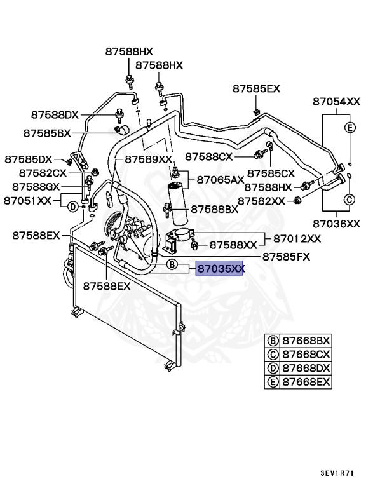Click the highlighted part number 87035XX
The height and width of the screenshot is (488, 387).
(x=221, y=269)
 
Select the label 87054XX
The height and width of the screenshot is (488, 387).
(x=336, y=101)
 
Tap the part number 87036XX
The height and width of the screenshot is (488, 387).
(x=336, y=223)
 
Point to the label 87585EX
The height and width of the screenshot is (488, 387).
(x=256, y=88)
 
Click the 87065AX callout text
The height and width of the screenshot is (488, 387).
(x=220, y=180)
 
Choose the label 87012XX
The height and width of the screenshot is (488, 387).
(x=297, y=239)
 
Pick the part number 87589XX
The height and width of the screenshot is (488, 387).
(x=148, y=159)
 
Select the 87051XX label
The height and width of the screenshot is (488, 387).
(x=27, y=200)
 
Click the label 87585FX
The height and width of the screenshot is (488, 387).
(x=287, y=256)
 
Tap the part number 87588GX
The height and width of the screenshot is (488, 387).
(x=36, y=186)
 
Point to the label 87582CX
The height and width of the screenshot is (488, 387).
(x=43, y=172)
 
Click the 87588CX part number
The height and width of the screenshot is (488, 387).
(x=209, y=156)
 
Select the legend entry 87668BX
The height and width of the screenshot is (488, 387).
(x=307, y=340)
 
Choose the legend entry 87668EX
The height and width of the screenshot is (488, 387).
(x=307, y=382)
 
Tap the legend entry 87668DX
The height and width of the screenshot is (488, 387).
(x=307, y=368)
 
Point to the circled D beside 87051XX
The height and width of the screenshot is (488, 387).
(x=73, y=206)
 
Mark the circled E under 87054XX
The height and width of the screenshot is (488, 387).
(x=349, y=128)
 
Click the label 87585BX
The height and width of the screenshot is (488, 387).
(x=47, y=133)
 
